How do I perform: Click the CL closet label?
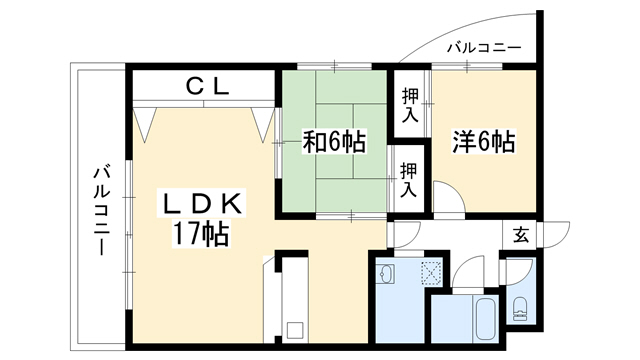pyautogui.click(x=207, y=86)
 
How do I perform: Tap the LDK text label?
pyautogui.click(x=202, y=203)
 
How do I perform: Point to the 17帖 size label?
pyautogui.click(x=201, y=233)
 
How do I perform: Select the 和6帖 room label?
pyautogui.click(x=334, y=141)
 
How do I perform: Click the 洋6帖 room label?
pyautogui.click(x=484, y=141)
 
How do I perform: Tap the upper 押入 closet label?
pyautogui.click(x=410, y=105)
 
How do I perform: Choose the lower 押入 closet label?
pyautogui.click(x=408, y=180)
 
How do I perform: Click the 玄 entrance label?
pyautogui.click(x=521, y=235)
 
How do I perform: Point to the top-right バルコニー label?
pyautogui.click(x=484, y=48)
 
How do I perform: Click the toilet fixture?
pyautogui.click(x=520, y=309)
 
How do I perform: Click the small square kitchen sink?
pyautogui.click(x=295, y=330)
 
